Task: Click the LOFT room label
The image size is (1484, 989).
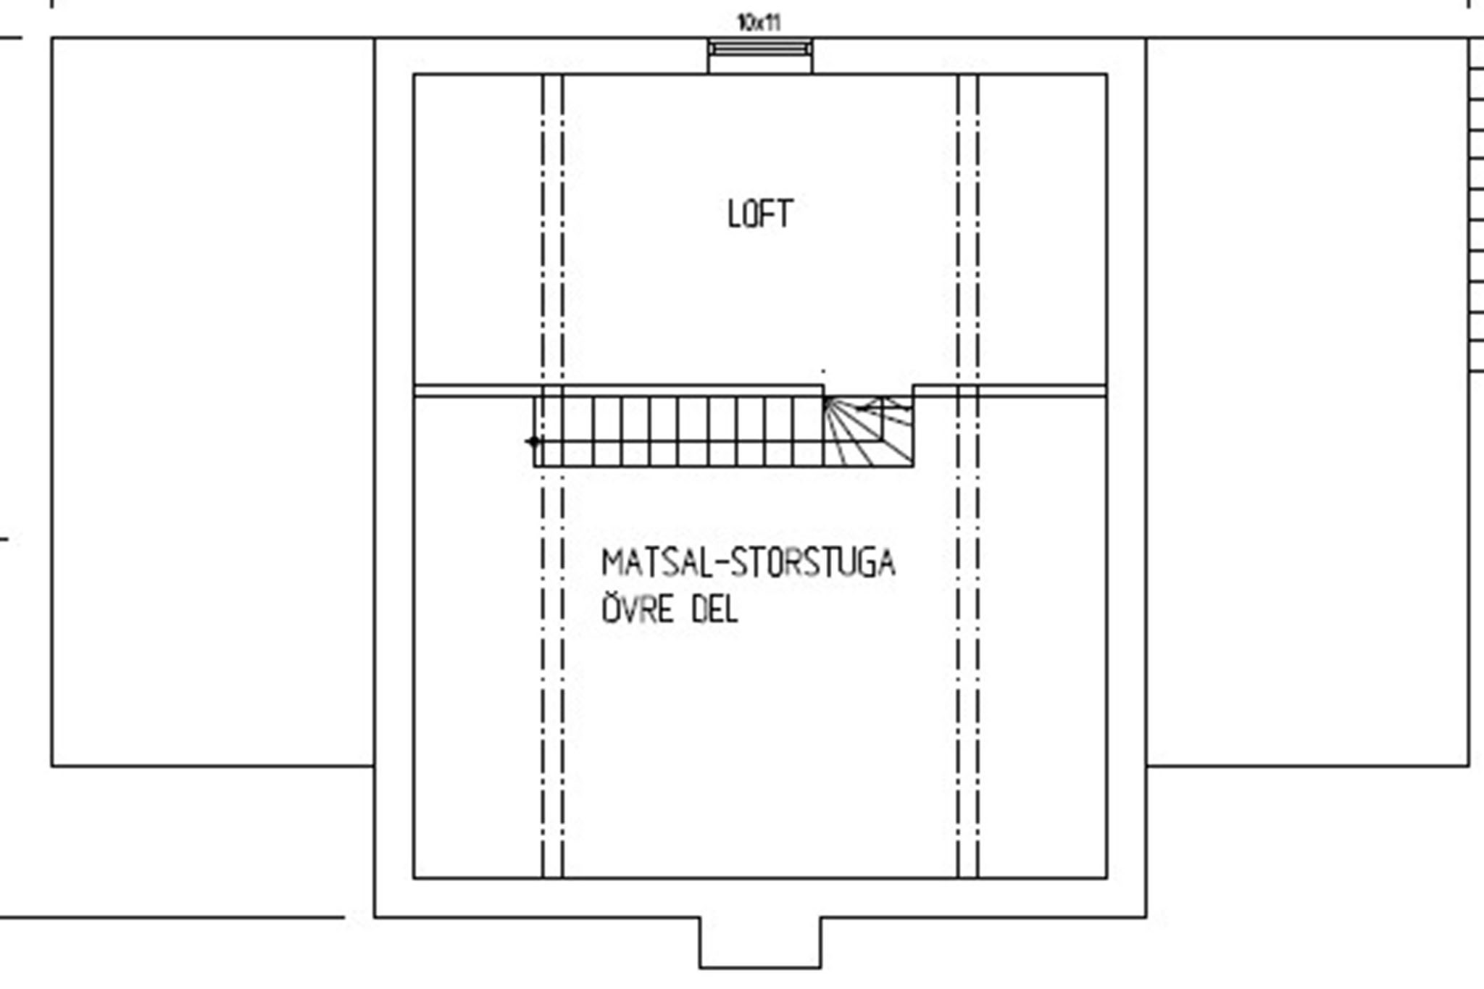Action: click(x=760, y=214)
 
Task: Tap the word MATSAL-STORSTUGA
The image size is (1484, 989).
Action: click(x=749, y=564)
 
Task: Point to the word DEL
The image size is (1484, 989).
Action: click(x=714, y=609)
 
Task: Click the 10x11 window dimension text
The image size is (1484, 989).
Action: click(x=759, y=22)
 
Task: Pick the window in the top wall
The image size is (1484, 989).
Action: click(x=760, y=49)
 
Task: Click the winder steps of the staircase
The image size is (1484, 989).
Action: click(x=868, y=431)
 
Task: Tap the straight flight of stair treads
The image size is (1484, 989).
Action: click(x=679, y=431)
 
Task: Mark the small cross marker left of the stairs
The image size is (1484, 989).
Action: click(x=534, y=441)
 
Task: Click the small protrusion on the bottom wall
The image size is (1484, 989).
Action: click(x=760, y=943)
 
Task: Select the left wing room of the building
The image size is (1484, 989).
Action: click(x=213, y=402)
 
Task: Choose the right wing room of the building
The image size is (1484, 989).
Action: click(x=1308, y=402)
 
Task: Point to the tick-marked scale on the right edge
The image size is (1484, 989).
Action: click(x=1476, y=205)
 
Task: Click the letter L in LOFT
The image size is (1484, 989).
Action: click(x=734, y=214)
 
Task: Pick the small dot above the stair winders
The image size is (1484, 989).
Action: click(x=823, y=371)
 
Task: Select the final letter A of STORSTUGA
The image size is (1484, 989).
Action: click(x=887, y=564)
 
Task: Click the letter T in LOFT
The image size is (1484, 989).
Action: click(x=785, y=214)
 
